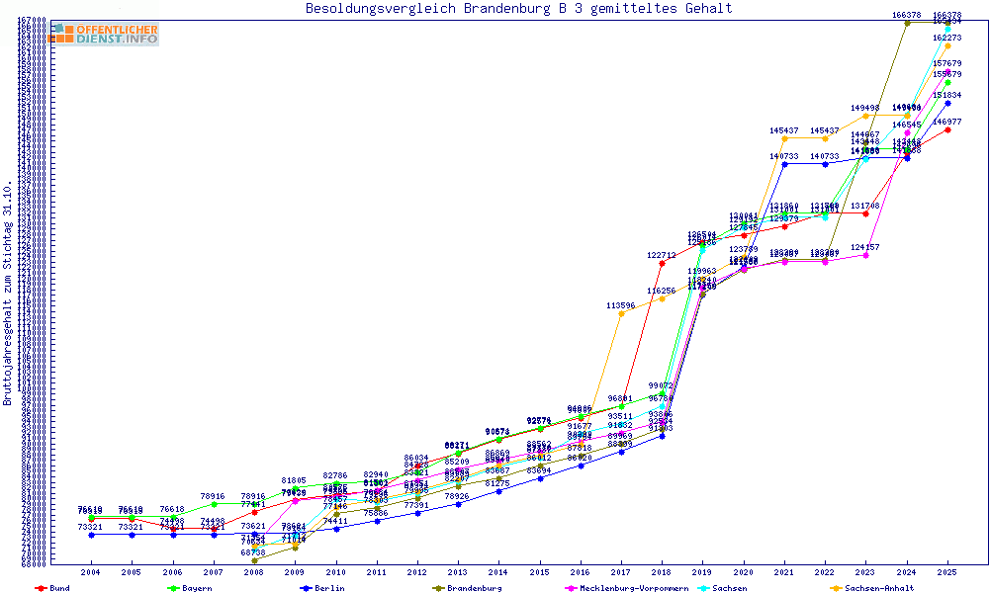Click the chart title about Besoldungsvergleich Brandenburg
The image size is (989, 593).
click(519, 9)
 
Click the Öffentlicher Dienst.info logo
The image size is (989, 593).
click(104, 35)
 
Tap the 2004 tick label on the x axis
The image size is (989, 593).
click(91, 572)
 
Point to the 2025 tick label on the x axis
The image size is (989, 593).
click(947, 572)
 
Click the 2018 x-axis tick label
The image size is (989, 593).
click(662, 572)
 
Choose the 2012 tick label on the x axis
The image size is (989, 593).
click(417, 572)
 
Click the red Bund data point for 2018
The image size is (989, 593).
click(662, 263)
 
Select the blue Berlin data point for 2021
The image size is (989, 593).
click(784, 164)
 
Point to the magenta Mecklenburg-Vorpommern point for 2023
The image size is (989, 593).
click(865, 255)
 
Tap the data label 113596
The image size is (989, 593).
click(621, 305)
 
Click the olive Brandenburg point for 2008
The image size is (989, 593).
click(254, 560)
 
